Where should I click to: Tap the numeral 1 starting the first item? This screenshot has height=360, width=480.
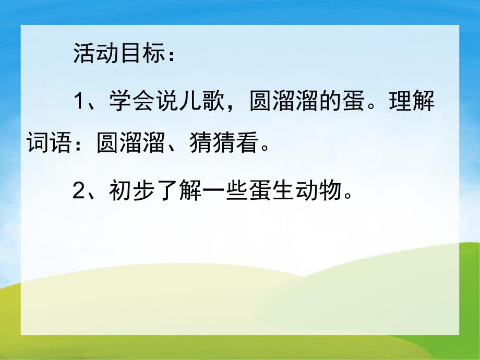pyautogui.click(x=78, y=101)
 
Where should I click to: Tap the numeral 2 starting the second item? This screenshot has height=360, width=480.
pyautogui.click(x=78, y=192)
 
